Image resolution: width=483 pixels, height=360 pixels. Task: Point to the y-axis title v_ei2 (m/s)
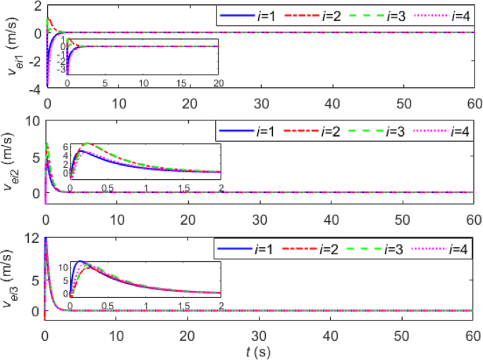12,163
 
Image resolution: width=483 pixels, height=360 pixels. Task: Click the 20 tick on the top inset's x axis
219,82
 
